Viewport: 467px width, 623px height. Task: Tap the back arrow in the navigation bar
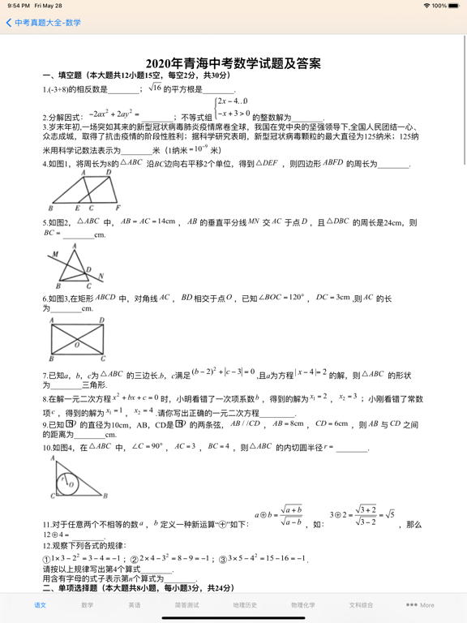pos(9,23)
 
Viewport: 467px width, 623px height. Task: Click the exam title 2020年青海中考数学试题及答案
pos(233,62)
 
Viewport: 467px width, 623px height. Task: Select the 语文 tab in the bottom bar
pos(40,605)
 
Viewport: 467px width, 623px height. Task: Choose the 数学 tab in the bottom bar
pos(87,605)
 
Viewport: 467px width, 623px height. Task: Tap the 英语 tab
pos(134,605)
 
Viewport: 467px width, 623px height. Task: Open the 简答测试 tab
pos(186,605)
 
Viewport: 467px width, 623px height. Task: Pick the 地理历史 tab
pos(245,605)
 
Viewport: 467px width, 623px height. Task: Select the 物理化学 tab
pos(303,605)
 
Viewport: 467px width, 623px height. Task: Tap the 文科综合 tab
pos(362,605)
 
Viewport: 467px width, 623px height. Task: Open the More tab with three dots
pos(420,605)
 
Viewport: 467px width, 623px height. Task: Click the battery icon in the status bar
pos(455,6)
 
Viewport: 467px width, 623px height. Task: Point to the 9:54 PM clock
pos(16,6)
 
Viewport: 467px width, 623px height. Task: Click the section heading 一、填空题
pos(64,75)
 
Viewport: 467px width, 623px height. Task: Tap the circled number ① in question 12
pos(46,559)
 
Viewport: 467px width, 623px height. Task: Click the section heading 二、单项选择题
pos(73,588)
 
